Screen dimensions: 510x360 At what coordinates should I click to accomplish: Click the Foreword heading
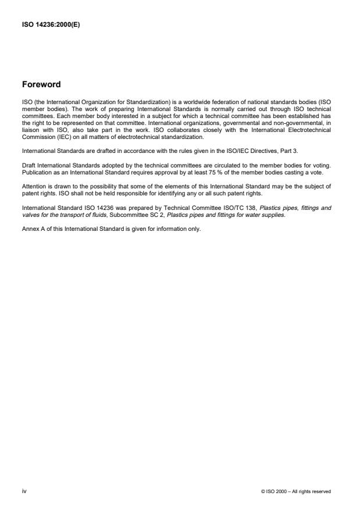[41, 84]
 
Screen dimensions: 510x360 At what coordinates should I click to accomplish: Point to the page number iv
[24, 491]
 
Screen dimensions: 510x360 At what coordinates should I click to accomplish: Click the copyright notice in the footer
[296, 491]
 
